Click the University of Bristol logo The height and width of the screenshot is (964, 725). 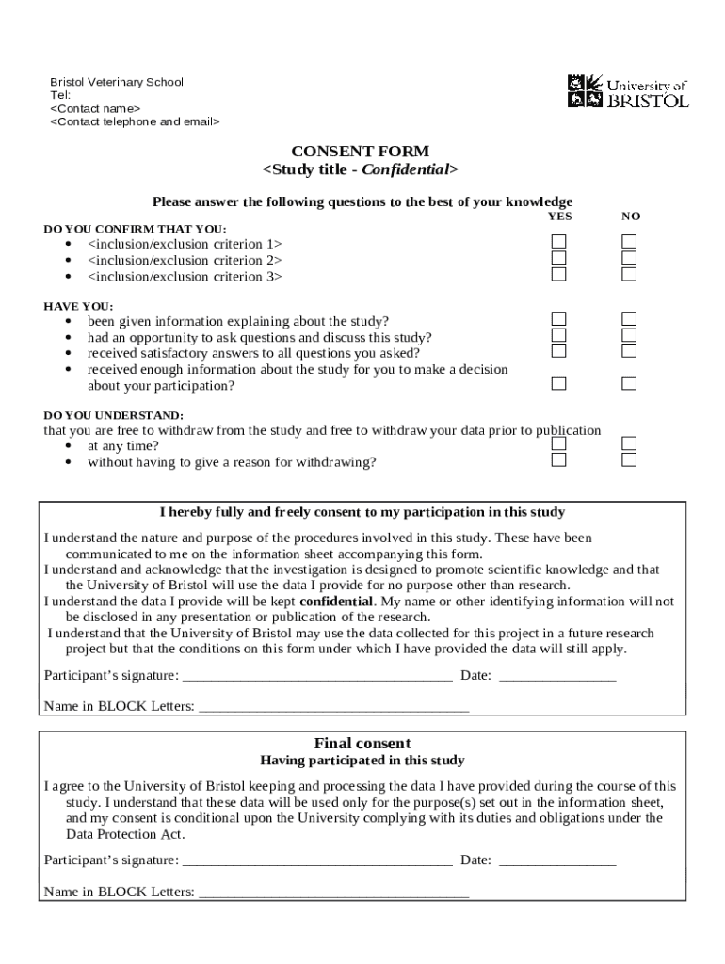(x=628, y=91)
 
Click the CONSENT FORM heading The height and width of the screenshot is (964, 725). (x=360, y=151)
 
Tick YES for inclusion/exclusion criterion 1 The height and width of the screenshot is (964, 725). (x=559, y=242)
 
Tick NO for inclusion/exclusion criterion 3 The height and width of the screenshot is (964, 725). (x=629, y=275)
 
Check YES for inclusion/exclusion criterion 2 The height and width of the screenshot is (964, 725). (x=559, y=258)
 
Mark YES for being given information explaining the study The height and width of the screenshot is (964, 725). (x=559, y=319)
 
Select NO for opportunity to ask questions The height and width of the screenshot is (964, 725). (x=629, y=335)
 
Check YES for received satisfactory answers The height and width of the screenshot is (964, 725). (x=559, y=351)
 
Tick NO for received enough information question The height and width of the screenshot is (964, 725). (x=629, y=383)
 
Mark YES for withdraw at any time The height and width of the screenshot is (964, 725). (x=559, y=443)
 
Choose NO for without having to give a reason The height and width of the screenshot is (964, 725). (x=629, y=460)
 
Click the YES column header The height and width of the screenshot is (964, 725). (x=559, y=217)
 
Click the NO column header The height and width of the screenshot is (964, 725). (x=630, y=217)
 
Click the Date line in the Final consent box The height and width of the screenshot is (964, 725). (x=556, y=861)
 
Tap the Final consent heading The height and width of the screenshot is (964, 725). (x=362, y=744)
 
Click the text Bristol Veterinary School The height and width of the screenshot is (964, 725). (x=117, y=82)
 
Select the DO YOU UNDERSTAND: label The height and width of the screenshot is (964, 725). (x=114, y=415)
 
